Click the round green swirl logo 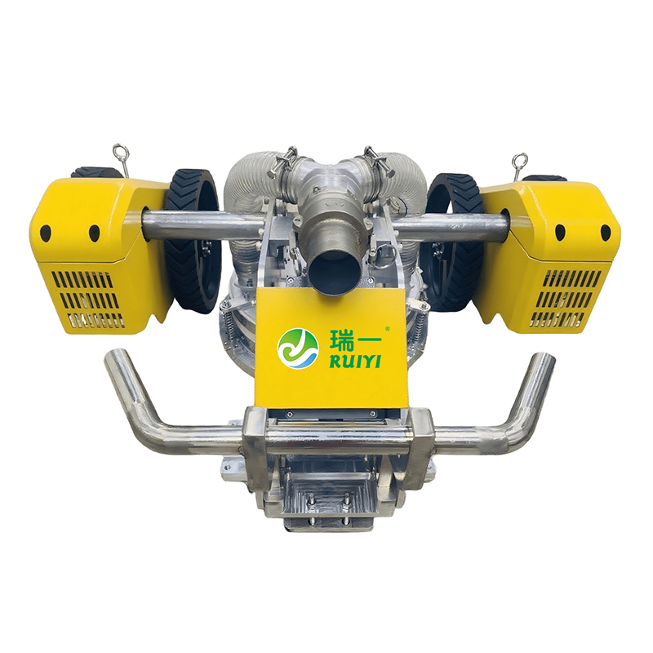pos(298,349)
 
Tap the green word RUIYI pos(355,361)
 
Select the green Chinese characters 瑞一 pos(355,340)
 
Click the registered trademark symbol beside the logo pos(388,329)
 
